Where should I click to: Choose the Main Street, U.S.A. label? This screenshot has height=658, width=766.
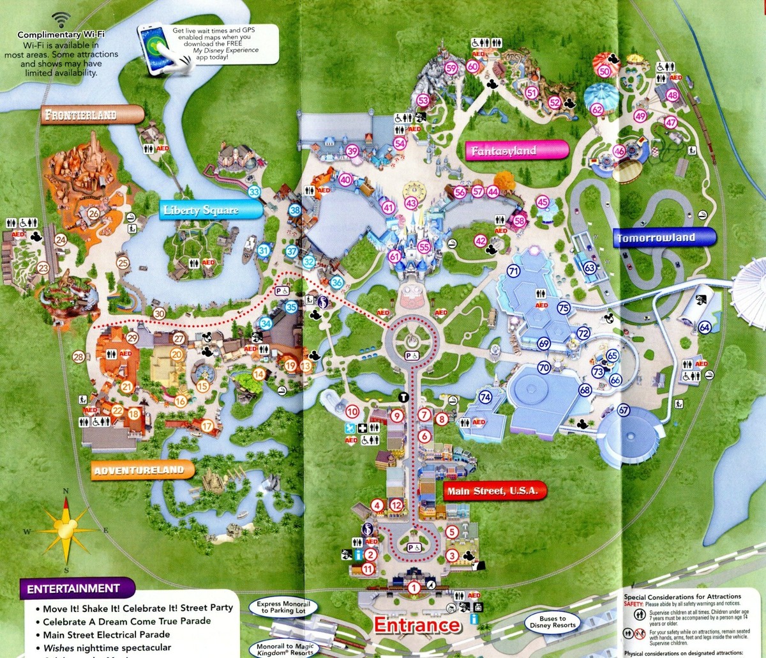(495, 491)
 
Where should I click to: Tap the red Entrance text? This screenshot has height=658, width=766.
(417, 625)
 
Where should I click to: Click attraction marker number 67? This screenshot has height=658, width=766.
(624, 410)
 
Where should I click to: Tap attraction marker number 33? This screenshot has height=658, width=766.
(254, 191)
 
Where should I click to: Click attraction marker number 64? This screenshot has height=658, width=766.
(705, 327)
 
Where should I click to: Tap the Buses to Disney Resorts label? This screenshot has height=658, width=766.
(553, 622)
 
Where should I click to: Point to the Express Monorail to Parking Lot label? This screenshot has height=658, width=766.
(283, 607)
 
